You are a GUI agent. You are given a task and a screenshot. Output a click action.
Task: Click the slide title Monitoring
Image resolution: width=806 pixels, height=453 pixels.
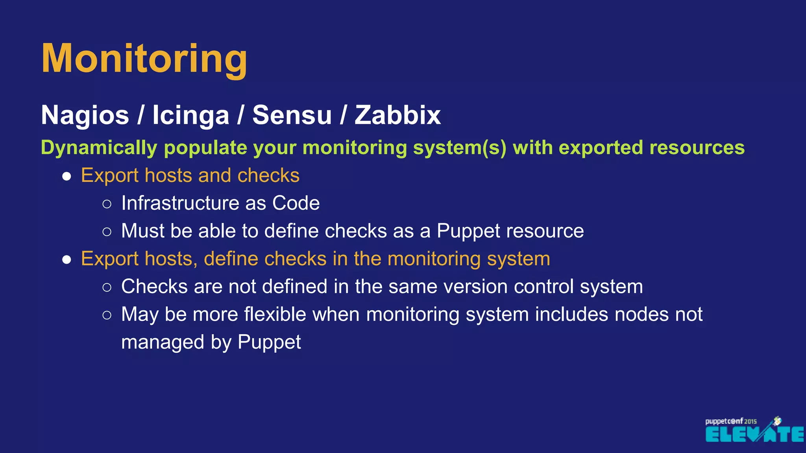(144, 59)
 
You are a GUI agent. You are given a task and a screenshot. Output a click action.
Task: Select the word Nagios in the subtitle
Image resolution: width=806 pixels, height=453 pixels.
(85, 115)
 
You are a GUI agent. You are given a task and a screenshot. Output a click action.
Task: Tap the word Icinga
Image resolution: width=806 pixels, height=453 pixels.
(190, 115)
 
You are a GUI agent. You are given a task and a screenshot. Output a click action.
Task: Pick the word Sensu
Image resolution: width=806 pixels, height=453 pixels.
(292, 115)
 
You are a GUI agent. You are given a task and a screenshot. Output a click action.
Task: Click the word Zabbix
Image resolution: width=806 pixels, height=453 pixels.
(397, 115)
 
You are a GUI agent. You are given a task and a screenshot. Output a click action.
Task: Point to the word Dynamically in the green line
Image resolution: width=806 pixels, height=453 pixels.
(99, 148)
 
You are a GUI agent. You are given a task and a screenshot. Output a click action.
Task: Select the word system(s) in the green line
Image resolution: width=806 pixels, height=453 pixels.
(459, 148)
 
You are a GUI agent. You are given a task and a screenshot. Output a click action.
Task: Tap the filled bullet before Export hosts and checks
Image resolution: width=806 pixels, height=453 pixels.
(67, 176)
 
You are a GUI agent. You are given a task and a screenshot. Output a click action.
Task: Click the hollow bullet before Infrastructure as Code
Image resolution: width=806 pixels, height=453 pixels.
(107, 204)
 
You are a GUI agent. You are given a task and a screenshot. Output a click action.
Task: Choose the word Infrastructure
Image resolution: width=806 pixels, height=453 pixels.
(180, 203)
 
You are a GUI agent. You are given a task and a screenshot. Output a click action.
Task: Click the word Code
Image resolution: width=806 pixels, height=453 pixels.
(296, 203)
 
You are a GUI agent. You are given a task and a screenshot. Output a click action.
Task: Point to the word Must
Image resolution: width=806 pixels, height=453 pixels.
(142, 231)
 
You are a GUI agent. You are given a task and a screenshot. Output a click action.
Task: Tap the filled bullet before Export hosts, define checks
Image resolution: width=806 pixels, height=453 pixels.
(67, 260)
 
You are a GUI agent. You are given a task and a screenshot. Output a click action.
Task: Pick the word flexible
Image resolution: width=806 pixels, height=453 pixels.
(275, 315)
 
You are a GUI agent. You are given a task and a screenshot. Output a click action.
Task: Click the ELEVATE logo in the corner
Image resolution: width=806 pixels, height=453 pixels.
(754, 434)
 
